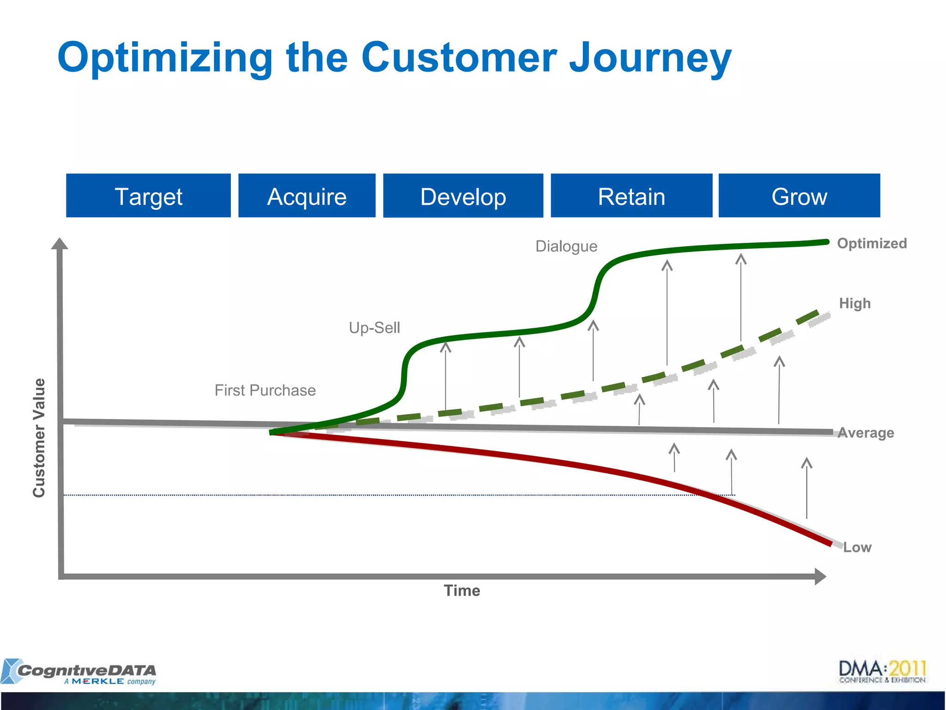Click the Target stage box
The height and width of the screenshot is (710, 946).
148,196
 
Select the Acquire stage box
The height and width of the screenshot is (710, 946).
307,196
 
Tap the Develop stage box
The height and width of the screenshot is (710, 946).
463,196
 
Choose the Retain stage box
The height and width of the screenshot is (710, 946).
631,196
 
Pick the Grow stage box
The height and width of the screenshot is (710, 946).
799,196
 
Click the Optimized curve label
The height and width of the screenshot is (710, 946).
872,243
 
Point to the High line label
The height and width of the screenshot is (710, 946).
855,303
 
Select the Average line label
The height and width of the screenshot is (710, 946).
866,433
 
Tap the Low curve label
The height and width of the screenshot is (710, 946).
857,547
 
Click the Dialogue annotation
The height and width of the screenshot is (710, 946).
566,246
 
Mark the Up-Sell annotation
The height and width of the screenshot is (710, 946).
374,328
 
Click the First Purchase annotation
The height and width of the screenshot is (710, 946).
265,390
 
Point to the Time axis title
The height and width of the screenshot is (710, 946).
462,591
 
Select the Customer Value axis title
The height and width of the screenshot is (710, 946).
39,438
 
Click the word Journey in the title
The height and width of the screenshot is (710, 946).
650,57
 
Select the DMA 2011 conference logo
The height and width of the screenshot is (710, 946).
882,671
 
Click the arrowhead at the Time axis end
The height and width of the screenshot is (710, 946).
820,576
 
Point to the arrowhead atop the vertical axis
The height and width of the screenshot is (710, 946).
60,244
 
